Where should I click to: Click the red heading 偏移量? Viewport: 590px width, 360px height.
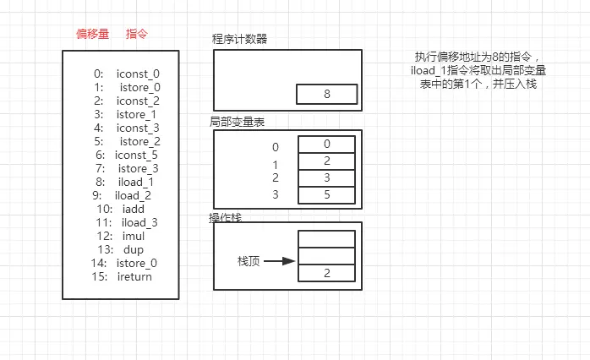tap(93, 34)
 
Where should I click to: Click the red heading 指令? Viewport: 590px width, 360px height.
tap(137, 34)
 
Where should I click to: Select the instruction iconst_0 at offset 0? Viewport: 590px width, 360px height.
tap(138, 74)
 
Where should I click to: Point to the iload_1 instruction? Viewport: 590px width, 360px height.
tap(136, 182)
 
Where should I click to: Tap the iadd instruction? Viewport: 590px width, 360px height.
tap(134, 209)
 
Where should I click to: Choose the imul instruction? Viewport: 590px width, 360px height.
tap(134, 237)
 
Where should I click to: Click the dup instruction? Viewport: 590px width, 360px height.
tap(134, 250)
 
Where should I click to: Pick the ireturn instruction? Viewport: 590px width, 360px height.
tap(134, 277)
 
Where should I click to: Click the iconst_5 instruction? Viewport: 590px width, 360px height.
tap(136, 155)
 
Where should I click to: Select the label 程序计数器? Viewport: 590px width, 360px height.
tap(239, 39)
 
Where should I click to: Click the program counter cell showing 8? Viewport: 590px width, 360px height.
tap(326, 94)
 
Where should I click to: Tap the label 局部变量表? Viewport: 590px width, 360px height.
tap(237, 122)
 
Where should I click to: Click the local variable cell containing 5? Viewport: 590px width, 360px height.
tap(326, 195)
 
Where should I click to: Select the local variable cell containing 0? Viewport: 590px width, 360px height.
tap(326, 144)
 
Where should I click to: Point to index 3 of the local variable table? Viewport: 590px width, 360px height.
tap(276, 194)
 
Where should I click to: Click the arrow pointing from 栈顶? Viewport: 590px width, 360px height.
tap(279, 261)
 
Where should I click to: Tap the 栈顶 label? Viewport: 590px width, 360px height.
tap(249, 261)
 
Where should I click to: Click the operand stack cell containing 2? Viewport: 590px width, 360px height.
tap(326, 273)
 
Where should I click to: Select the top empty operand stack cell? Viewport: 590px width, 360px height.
tap(326, 239)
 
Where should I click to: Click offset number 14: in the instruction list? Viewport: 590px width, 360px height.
tap(99, 264)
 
